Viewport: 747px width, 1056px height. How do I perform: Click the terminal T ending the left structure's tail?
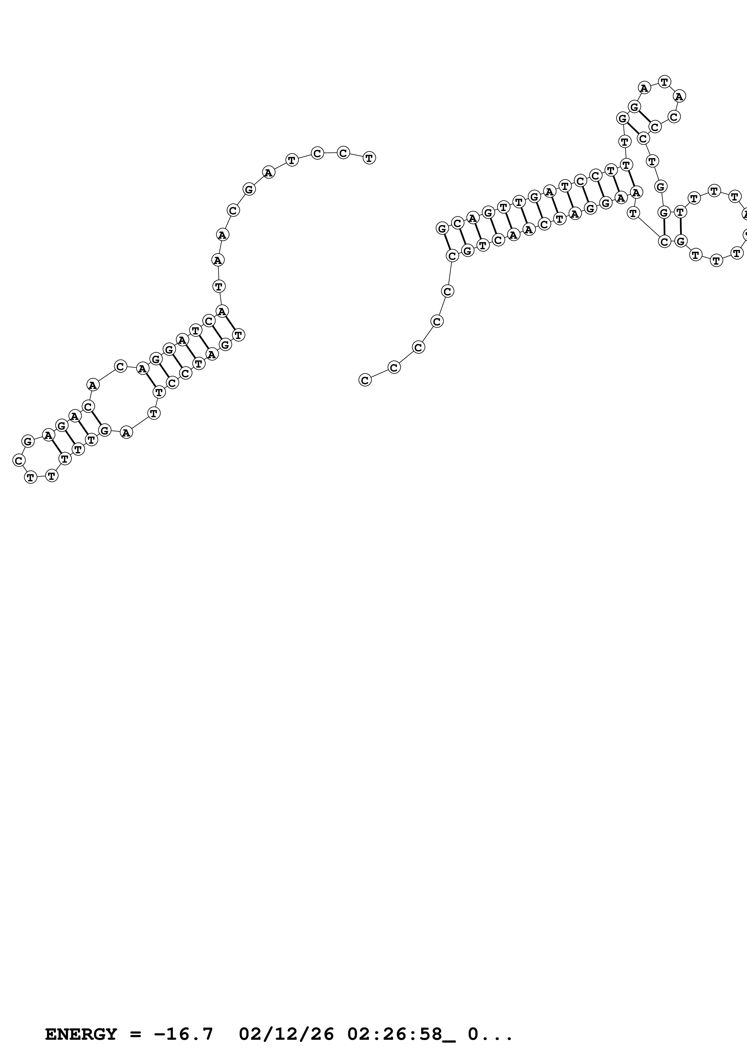point(369,158)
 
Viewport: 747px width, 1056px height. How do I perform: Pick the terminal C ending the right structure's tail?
point(365,380)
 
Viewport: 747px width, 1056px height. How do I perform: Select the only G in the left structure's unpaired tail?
point(249,189)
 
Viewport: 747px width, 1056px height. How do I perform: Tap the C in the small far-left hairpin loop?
point(18,460)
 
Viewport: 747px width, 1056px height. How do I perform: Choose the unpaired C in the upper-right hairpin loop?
point(674,117)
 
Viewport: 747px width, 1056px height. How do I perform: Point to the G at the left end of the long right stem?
point(442,228)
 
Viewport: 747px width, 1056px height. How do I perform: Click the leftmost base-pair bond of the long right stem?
point(447,242)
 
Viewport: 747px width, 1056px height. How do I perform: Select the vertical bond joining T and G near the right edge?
point(680,226)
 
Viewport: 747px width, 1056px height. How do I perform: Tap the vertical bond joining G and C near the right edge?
point(664,227)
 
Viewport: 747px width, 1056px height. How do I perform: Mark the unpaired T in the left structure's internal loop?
point(154,413)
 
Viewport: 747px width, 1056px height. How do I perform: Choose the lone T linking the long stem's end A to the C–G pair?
point(634,213)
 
